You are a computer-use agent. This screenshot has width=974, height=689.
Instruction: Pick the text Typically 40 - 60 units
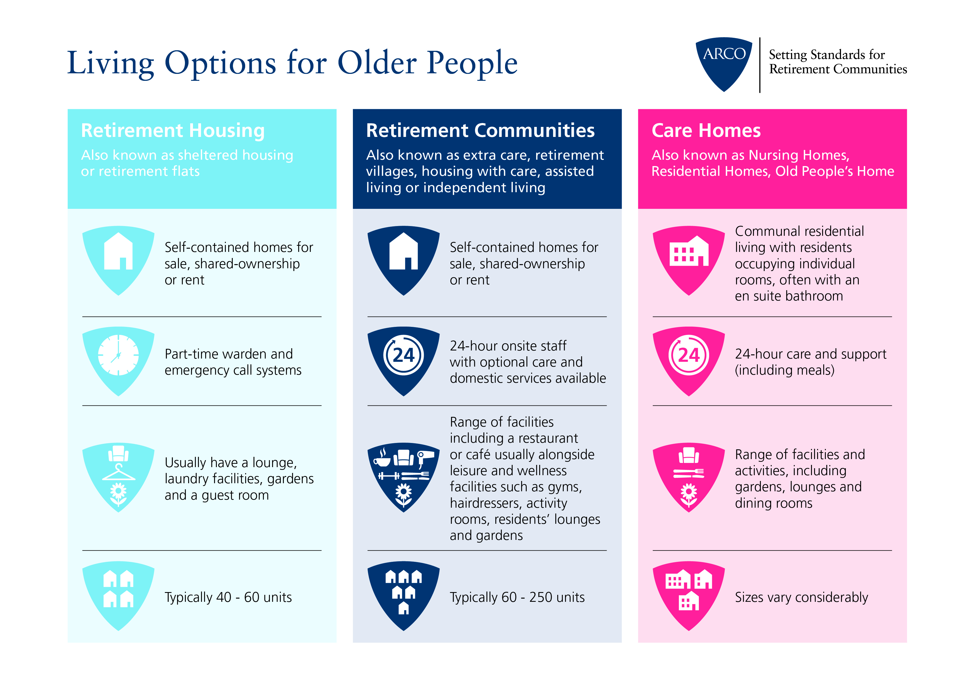[x=228, y=597]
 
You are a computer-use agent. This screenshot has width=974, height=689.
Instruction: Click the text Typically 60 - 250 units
[x=517, y=597]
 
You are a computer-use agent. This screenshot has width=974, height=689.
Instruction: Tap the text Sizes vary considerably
[x=801, y=597]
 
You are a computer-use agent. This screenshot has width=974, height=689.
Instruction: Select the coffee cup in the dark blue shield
[x=382, y=457]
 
